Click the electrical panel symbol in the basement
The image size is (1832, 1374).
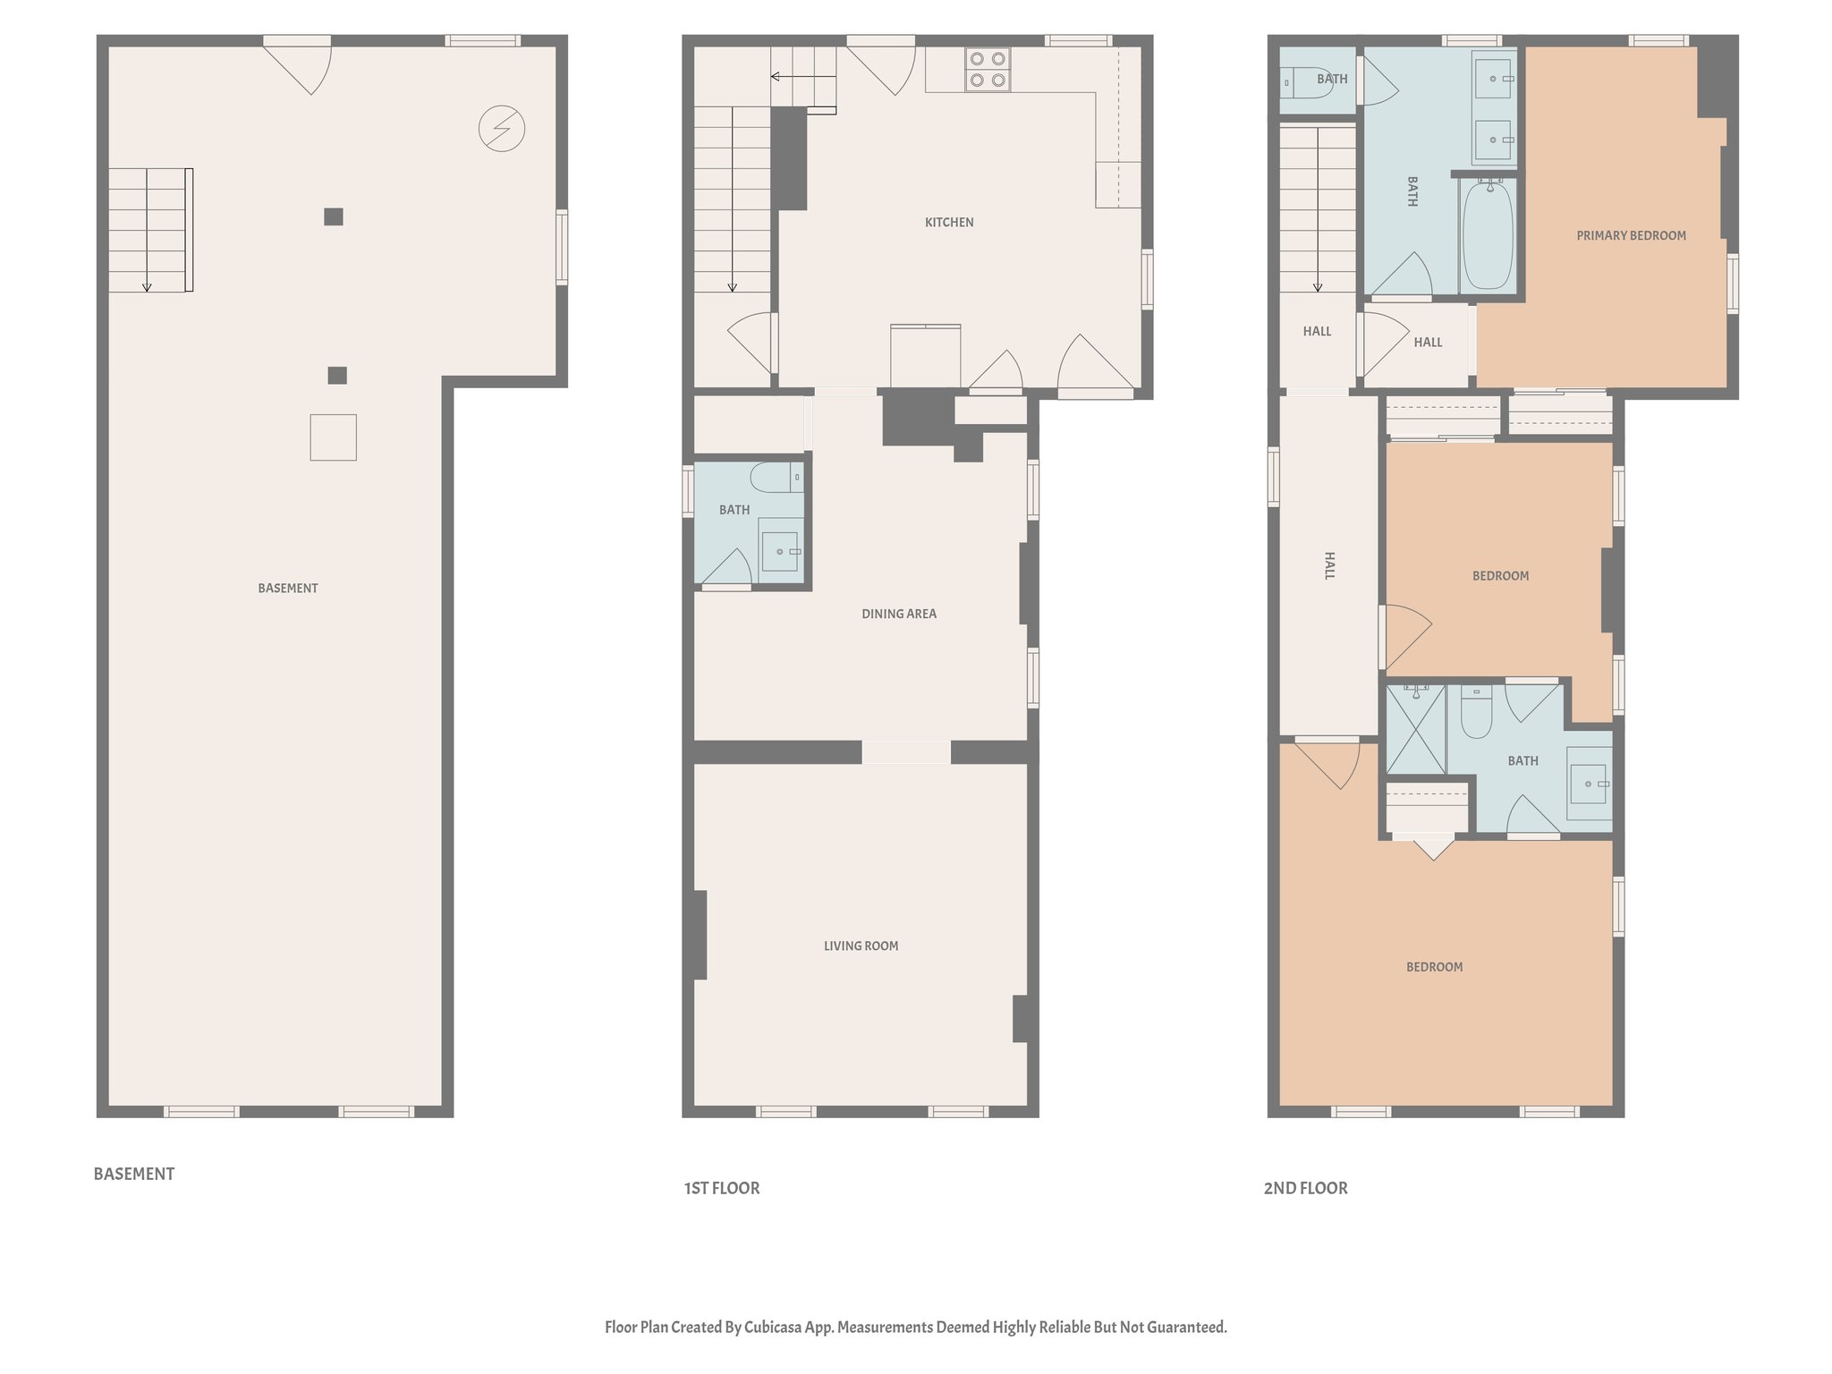tap(501, 129)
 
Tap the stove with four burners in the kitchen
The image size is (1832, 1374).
tap(988, 70)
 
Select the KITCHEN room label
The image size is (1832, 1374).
tap(949, 222)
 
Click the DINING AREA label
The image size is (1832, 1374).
tap(898, 614)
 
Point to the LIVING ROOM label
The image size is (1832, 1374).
tap(861, 946)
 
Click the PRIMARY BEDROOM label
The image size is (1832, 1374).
tap(1631, 235)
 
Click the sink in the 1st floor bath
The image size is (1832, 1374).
tap(780, 552)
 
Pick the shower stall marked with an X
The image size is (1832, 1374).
tap(1415, 729)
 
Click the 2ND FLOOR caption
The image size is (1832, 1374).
tap(1305, 1188)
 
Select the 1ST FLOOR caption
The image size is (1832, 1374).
tap(722, 1188)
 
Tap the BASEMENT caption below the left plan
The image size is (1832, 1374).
tap(134, 1174)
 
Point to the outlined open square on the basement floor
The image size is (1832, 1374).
tap(333, 437)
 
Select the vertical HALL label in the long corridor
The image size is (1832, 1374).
tap(1328, 565)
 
